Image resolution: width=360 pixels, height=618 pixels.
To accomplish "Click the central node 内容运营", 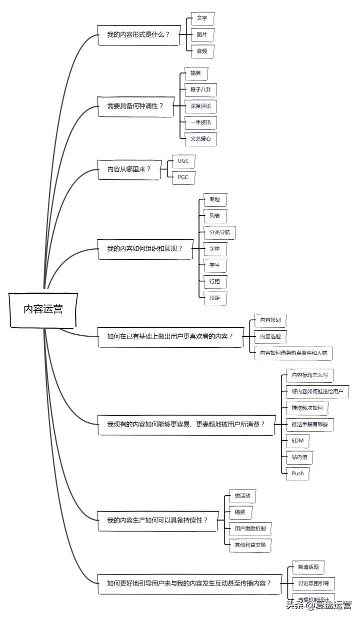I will coord(43,309).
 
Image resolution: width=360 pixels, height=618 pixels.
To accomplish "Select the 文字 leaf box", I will coord(202,18).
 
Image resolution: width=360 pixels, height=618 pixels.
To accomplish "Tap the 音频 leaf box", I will coord(202,50).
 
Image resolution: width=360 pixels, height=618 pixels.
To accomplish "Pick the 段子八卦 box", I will coord(200,90).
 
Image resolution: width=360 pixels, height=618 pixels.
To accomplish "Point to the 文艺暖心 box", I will coord(200,138).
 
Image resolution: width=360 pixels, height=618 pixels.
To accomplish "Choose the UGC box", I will coord(183,162).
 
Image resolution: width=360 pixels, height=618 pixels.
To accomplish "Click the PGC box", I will coord(183,178).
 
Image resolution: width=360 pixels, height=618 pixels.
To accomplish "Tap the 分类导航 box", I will coord(219,232).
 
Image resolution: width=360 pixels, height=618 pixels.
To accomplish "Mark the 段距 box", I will coord(214,298).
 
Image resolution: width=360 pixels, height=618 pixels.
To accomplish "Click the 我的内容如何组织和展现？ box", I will coord(144,249).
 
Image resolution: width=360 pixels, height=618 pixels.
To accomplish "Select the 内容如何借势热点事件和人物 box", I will coord(293,353).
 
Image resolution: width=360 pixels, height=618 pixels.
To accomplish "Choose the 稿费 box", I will coord(239,512).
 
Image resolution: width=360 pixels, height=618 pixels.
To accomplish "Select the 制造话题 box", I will coord(308,567).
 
